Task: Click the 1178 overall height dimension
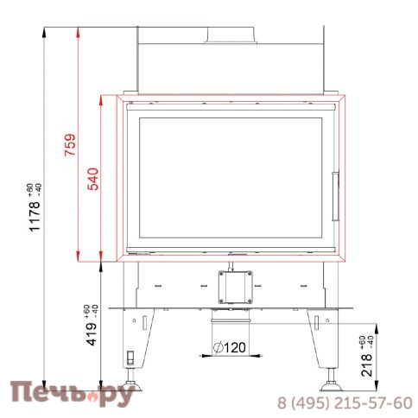pos(35,208)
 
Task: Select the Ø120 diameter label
pos(231,349)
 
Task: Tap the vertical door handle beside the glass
pos(336,185)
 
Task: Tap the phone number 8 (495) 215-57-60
pos(344,403)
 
